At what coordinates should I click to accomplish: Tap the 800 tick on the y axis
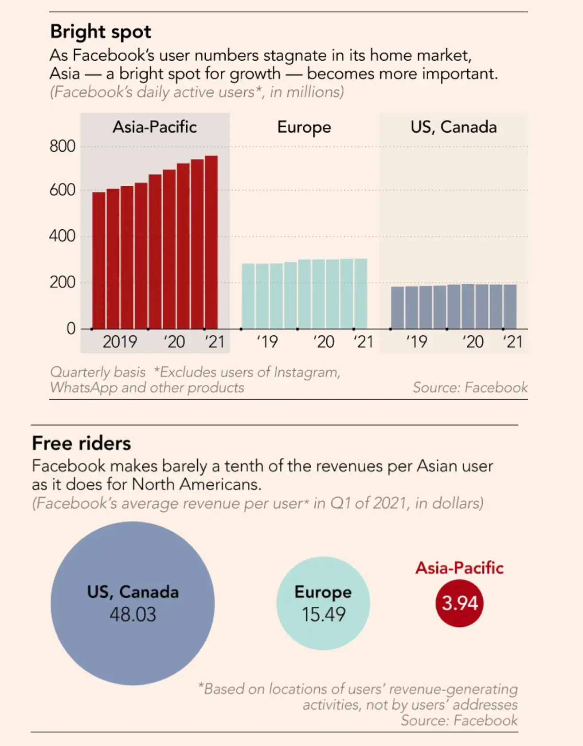pyautogui.click(x=63, y=146)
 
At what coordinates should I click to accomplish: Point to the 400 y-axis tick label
pyautogui.click(x=63, y=236)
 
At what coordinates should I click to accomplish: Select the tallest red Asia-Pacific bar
pyautogui.click(x=211, y=243)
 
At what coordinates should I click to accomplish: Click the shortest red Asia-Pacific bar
pyautogui.click(x=99, y=261)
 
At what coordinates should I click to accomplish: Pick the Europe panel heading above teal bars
pyautogui.click(x=304, y=128)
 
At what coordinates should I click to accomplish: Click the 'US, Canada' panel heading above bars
pyautogui.click(x=454, y=127)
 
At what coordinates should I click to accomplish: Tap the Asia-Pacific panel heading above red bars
pyautogui.click(x=155, y=127)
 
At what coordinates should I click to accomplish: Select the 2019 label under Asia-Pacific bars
pyautogui.click(x=120, y=342)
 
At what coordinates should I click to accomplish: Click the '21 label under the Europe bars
pyautogui.click(x=363, y=342)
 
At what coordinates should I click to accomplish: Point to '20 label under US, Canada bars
pyautogui.click(x=473, y=342)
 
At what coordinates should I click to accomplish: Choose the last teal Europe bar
pyautogui.click(x=361, y=294)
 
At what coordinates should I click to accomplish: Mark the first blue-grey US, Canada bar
pyautogui.click(x=398, y=308)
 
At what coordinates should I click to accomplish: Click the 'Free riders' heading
pyautogui.click(x=82, y=444)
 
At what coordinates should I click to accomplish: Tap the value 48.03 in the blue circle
pyautogui.click(x=133, y=615)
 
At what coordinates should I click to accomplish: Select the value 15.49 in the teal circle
pyautogui.click(x=324, y=615)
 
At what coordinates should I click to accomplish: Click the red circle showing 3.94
pyautogui.click(x=460, y=603)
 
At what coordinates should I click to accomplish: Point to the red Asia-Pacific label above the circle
pyautogui.click(x=460, y=568)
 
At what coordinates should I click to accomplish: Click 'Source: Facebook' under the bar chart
pyautogui.click(x=470, y=388)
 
